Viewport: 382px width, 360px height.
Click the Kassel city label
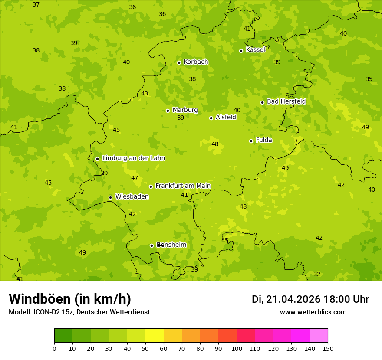click(255, 50)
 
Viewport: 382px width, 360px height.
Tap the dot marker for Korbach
click(179, 62)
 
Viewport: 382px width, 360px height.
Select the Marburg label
click(185, 110)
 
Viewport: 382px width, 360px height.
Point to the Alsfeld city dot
click(211, 118)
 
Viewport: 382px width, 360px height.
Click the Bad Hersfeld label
click(286, 101)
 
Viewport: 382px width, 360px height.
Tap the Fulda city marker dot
click(251, 141)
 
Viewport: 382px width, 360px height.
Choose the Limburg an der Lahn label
click(133, 158)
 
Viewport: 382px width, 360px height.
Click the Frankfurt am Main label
click(183, 186)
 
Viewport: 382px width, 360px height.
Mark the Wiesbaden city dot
click(110, 197)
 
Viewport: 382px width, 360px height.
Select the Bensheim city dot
click(151, 245)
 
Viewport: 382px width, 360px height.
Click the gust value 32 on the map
click(317, 275)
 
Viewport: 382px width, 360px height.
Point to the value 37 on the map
click(36, 5)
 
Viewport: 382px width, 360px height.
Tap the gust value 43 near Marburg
click(145, 94)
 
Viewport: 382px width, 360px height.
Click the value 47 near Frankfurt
click(135, 178)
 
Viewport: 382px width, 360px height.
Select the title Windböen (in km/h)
click(70, 299)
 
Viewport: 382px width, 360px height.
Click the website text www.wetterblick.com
click(313, 312)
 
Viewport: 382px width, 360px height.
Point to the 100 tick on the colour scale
click(237, 348)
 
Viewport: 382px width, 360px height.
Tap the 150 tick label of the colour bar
click(328, 348)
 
